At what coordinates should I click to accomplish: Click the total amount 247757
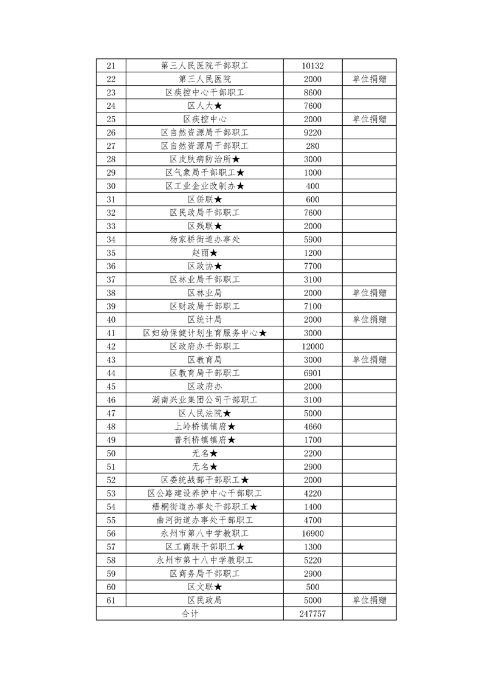coord(312,614)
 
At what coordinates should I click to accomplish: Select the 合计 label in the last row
coord(190,614)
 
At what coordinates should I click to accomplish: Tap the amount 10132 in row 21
coord(312,66)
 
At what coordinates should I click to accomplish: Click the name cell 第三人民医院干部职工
coord(205,66)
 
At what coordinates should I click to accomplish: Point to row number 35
coord(111,253)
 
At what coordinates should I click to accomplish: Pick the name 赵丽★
coord(205,253)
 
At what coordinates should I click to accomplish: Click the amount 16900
coord(312,534)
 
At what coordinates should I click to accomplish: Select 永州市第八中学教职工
coord(205,534)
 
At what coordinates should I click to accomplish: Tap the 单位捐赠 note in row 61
coord(369,601)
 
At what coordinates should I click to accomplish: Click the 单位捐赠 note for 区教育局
coord(369,360)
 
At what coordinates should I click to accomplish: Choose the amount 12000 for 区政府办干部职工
coord(312,346)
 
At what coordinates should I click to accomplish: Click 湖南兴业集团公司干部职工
coord(205,400)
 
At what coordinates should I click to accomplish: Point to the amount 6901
coord(312,373)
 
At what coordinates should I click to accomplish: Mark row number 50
coord(111,453)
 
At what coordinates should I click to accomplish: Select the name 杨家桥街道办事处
coord(205,239)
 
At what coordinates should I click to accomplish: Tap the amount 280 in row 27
coord(312,146)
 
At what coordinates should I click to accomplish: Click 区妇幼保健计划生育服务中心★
coord(205,333)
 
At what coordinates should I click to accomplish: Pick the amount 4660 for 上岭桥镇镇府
coord(312,427)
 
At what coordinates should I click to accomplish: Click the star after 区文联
coord(218,587)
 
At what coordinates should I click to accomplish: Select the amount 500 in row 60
coord(312,587)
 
